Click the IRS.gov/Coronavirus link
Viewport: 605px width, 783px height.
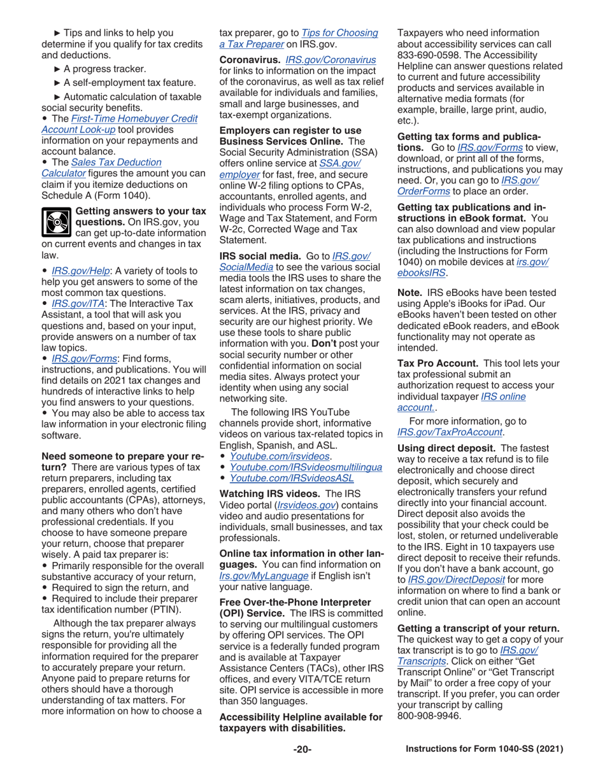click(x=331, y=59)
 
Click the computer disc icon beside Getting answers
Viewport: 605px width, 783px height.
click(x=56, y=223)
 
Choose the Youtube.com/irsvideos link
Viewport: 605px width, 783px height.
click(x=280, y=456)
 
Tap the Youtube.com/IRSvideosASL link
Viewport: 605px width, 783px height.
click(x=291, y=478)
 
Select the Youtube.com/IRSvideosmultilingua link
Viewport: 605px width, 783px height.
click(x=305, y=467)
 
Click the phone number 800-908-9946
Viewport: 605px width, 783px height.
click(x=428, y=715)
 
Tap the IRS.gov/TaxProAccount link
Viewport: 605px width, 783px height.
click(x=450, y=432)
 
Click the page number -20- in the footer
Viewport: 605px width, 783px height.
click(x=302, y=749)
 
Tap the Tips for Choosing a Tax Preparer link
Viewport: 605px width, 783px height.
click(x=339, y=32)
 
